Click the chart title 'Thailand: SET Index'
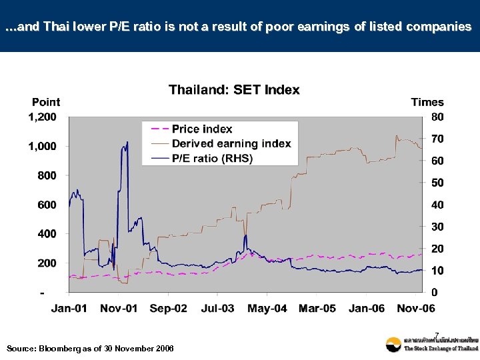click(x=234, y=89)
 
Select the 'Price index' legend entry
click(x=202, y=129)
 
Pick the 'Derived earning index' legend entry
click(x=231, y=143)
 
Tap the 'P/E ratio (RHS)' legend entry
click(x=212, y=158)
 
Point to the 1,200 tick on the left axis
click(x=42, y=117)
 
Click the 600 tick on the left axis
click(x=47, y=205)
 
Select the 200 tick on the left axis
click(x=47, y=263)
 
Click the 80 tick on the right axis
click(x=437, y=117)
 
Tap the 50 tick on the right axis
click(x=437, y=183)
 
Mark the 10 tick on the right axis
click(x=437, y=271)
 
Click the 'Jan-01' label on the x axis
click(x=69, y=308)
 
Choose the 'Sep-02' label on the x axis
click(x=168, y=308)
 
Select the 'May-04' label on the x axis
click(x=267, y=308)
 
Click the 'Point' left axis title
click(x=46, y=102)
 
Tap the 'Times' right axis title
click(x=427, y=102)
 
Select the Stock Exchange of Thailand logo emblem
click(x=393, y=344)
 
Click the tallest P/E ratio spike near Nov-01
click(x=127, y=142)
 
